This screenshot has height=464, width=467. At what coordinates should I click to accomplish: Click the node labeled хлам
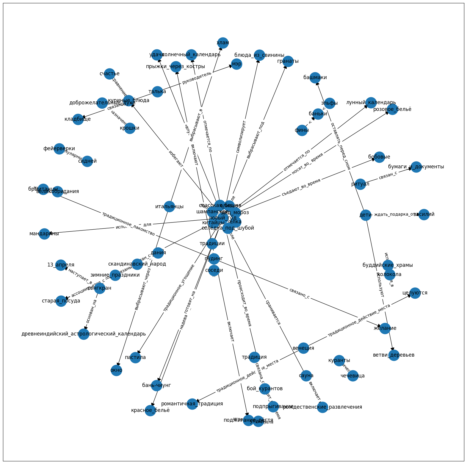(223, 43)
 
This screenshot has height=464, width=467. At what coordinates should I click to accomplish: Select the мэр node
(236, 64)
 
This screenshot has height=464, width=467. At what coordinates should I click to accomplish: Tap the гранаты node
(288, 61)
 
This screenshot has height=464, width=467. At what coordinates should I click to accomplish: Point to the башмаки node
(315, 78)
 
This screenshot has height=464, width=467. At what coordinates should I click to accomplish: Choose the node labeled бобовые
(379, 157)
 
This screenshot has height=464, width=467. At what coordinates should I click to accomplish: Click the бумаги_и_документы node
(416, 167)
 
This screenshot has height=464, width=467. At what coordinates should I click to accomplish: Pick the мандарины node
(44, 234)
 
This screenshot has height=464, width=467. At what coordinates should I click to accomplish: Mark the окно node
(116, 370)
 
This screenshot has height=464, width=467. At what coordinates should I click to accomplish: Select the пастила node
(135, 357)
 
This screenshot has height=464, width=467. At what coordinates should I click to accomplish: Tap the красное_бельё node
(151, 410)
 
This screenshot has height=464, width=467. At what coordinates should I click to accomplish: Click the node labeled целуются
(415, 293)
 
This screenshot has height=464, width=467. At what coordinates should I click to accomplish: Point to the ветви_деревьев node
(394, 355)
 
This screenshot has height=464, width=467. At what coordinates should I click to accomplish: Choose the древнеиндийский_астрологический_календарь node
(84, 334)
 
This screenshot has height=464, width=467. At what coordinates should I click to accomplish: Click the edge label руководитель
(197, 78)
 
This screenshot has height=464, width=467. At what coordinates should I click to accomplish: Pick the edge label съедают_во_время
(301, 188)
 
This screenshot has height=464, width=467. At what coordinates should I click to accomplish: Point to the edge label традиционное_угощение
(179, 288)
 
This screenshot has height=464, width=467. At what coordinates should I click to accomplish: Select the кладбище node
(78, 119)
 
